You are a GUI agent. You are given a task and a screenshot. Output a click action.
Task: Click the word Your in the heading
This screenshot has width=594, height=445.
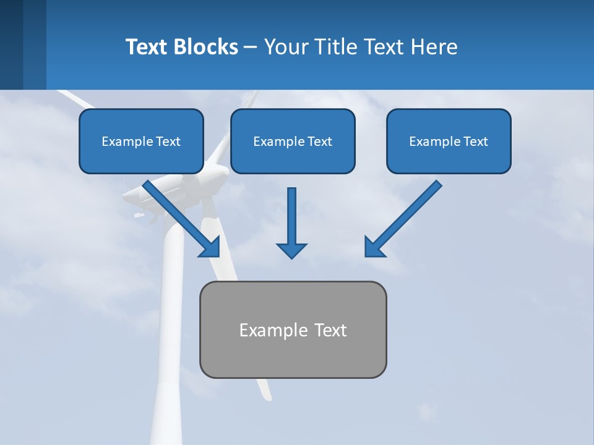(286, 47)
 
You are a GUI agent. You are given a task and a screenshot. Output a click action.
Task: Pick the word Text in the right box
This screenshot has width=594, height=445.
(475, 142)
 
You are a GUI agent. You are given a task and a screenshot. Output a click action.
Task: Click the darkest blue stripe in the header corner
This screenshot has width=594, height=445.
(11, 44)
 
